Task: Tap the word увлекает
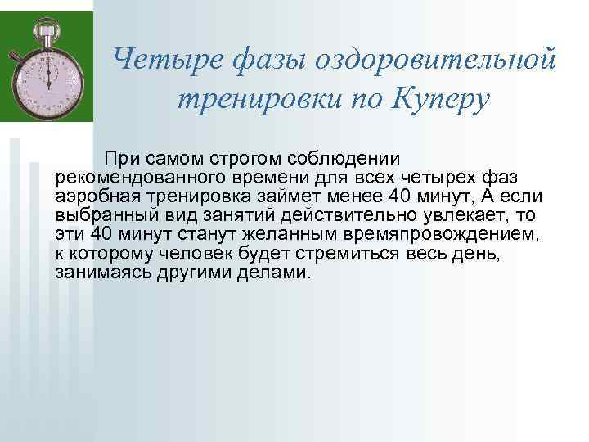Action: (x=472, y=216)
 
